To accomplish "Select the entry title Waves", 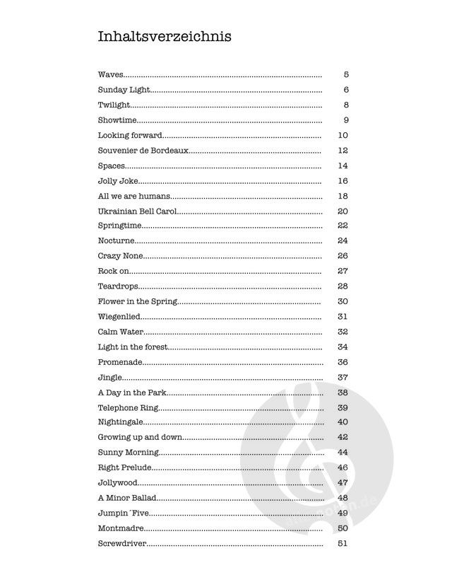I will pos(111,74).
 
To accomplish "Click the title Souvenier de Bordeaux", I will pos(143,151).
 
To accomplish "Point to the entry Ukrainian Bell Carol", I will pos(138,211).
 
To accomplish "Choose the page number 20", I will pos(343,211).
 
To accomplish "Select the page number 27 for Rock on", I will pos(343,271).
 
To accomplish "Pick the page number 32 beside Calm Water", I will pos(343,332).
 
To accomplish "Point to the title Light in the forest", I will pos(132,347).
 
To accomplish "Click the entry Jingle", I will pos(110,377).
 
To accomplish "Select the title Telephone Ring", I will pos(129,407).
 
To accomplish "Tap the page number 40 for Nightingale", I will pos(343,422).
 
